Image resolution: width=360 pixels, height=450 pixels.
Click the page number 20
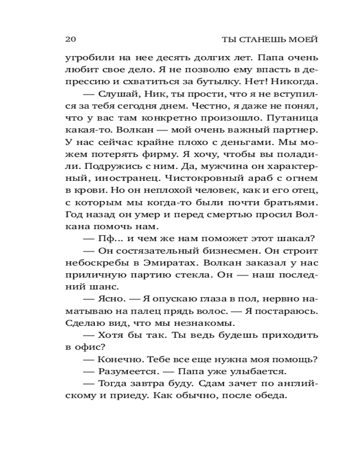[71, 39]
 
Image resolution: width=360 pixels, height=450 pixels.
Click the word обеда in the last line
[269, 396]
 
